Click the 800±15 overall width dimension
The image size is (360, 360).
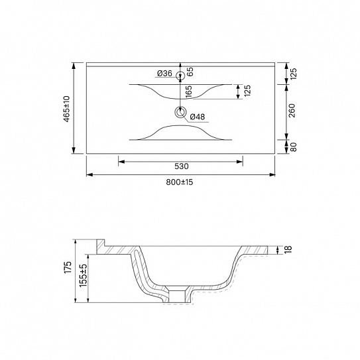point(180,182)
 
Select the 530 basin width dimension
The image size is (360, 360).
point(182,166)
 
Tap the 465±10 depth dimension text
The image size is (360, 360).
point(66,109)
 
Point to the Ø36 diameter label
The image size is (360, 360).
point(164,74)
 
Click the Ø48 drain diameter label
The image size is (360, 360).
point(198,117)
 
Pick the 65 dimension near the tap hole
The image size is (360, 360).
point(190,72)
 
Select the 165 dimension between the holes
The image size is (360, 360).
point(188,92)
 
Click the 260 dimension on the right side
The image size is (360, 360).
point(292,111)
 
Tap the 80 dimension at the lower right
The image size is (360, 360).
point(294,147)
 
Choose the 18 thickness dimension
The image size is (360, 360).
point(288,249)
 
